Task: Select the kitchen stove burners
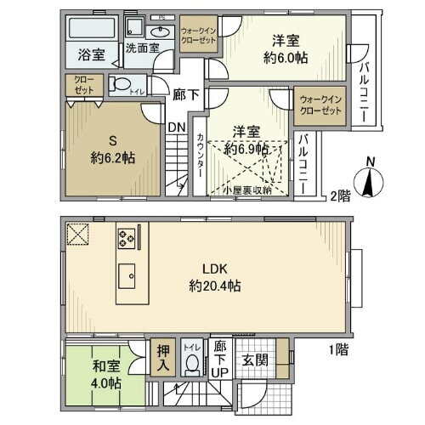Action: click(x=127, y=239)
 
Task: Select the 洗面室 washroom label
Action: click(x=142, y=49)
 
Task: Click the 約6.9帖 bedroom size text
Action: click(x=247, y=147)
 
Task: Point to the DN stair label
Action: click(x=176, y=128)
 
